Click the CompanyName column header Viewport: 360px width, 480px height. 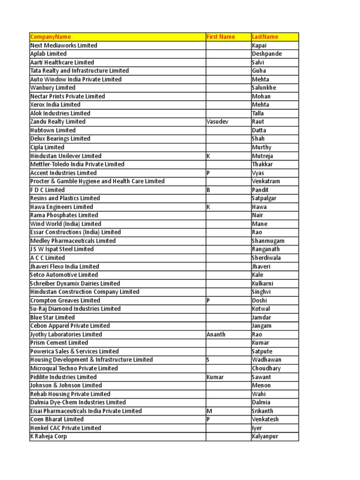click(51, 37)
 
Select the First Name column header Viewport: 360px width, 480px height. click(221, 37)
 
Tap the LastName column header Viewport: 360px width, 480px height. click(265, 37)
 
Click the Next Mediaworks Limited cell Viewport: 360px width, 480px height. click(64, 45)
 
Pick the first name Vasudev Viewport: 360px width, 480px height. click(218, 122)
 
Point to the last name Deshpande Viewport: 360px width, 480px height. click(267, 54)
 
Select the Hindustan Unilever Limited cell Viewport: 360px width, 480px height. click(66, 156)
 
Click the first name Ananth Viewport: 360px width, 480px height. click(216, 335)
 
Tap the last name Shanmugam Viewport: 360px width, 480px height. click(268, 241)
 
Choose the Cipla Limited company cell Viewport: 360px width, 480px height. click(47, 148)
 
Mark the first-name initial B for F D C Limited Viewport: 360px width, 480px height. click(209, 190)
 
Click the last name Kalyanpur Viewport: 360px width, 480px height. click(267, 436)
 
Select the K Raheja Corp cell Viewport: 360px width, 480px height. click(48, 436)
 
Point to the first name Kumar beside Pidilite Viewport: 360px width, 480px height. click(215, 377)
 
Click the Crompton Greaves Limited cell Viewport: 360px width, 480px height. click(65, 300)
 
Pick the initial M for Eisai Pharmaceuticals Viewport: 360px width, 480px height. click(210, 411)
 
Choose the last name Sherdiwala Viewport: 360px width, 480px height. click(267, 258)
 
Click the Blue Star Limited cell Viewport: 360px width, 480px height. click(52, 317)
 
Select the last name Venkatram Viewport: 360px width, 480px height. click(267, 181)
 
